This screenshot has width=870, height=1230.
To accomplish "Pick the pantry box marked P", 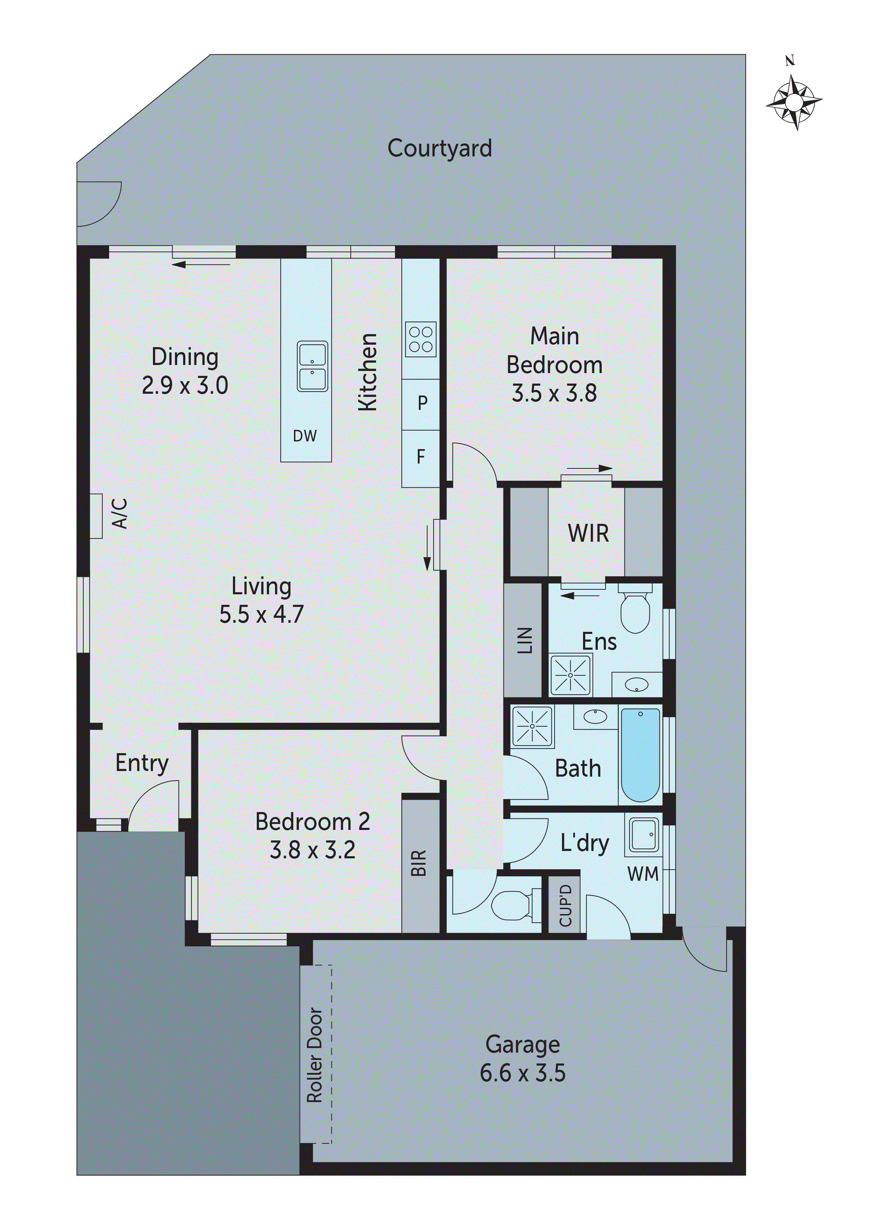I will click(x=422, y=403).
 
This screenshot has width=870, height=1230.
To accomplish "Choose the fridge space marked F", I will click(x=421, y=457).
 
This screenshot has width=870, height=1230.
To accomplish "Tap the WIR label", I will click(x=588, y=534).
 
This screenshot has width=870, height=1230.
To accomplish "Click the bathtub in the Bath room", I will click(x=641, y=754).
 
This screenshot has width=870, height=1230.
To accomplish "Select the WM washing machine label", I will click(x=643, y=874).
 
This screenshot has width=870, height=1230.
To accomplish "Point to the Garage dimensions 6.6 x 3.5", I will click(x=523, y=1074).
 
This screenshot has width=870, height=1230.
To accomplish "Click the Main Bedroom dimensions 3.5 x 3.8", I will click(x=554, y=393).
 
